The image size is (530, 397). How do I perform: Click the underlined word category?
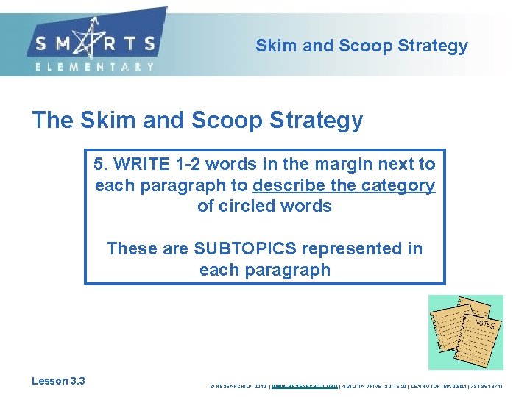(398, 185)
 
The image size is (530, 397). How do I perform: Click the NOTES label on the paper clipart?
(484, 323)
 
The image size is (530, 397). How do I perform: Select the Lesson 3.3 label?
(58, 381)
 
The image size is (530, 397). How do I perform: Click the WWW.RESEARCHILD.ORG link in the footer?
(305, 385)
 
